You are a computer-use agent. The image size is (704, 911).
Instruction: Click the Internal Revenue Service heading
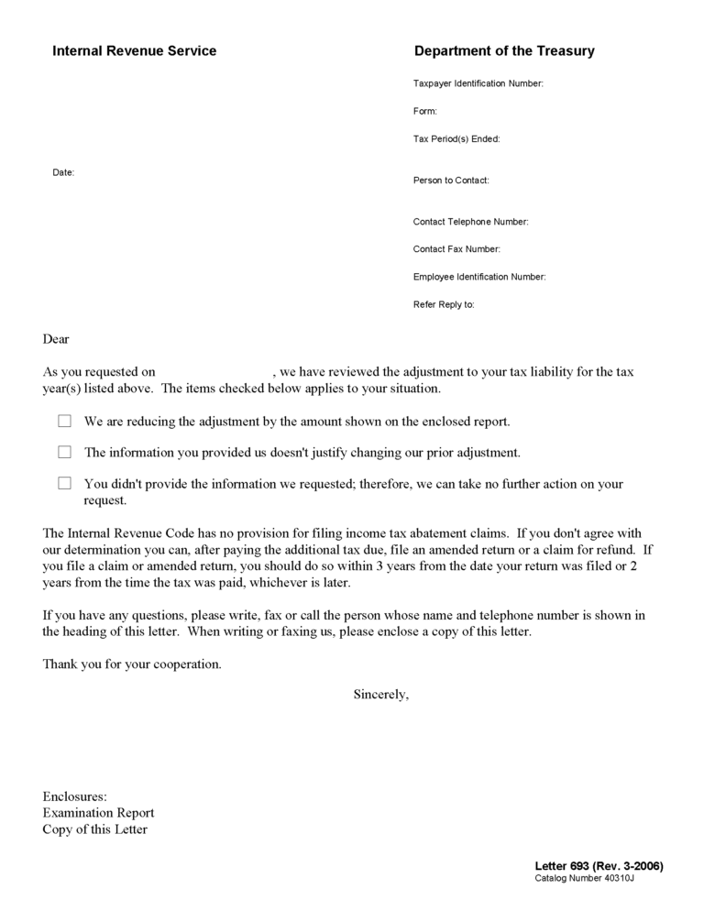click(x=134, y=51)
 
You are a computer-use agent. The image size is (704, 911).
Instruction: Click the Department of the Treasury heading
click(x=504, y=51)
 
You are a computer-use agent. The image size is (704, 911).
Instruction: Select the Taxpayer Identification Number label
click(x=478, y=84)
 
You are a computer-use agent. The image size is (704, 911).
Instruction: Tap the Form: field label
click(x=425, y=112)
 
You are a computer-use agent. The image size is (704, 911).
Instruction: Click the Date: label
click(x=63, y=172)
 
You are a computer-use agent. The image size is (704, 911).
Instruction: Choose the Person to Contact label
click(x=451, y=181)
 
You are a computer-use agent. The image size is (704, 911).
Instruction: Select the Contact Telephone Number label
click(x=470, y=222)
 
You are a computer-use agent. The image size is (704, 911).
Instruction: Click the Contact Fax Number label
click(x=456, y=249)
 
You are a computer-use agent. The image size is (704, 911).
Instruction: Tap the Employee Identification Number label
click(x=479, y=277)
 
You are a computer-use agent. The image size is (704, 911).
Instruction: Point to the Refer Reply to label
click(x=444, y=304)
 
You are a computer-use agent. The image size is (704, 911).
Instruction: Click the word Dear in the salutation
click(x=56, y=339)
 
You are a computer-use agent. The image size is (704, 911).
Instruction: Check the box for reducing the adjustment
click(x=64, y=422)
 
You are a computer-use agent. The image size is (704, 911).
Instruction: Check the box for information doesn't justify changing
click(x=64, y=452)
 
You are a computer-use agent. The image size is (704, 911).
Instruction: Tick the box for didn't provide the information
click(x=64, y=483)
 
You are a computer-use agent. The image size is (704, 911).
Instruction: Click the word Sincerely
click(x=381, y=694)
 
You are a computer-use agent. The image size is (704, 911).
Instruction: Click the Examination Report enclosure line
click(x=98, y=813)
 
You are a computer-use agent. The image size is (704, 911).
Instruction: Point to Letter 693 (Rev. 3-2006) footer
click(x=599, y=866)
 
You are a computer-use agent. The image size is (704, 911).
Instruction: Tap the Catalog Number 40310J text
click(x=584, y=878)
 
